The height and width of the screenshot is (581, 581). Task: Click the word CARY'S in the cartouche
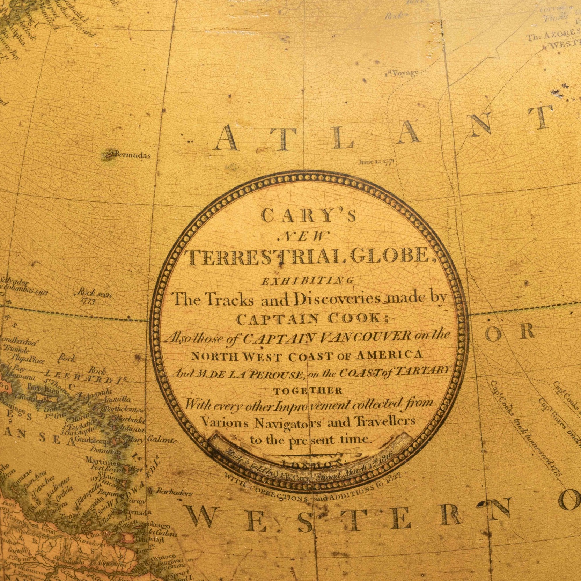pyautogui.click(x=309, y=215)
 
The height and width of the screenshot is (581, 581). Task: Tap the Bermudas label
pyautogui.click(x=132, y=155)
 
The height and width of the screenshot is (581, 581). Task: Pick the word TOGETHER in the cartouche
pyautogui.click(x=308, y=390)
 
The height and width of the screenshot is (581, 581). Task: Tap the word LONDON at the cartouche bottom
pyautogui.click(x=310, y=463)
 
